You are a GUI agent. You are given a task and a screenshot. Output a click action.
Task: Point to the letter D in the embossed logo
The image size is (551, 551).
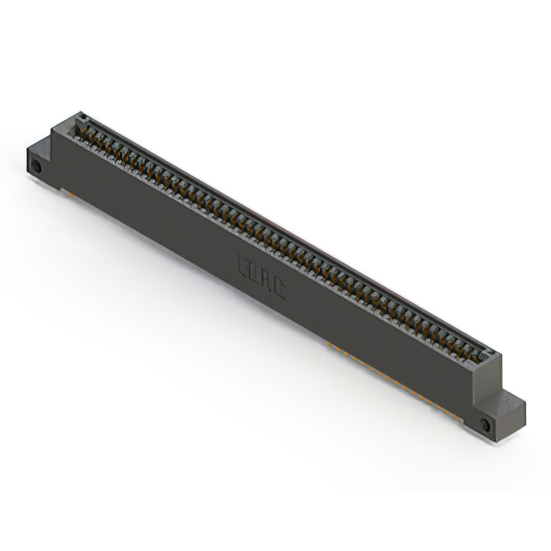click(x=256, y=273)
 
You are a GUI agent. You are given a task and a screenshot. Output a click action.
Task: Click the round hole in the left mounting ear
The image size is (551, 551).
click(x=36, y=165)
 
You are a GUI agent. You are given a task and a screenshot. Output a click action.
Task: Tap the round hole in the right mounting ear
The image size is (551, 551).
click(x=485, y=425)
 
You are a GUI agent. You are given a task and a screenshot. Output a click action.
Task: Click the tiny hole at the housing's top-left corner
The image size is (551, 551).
click(x=82, y=115)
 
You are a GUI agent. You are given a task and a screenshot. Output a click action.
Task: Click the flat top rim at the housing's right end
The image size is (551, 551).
click(x=490, y=354)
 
